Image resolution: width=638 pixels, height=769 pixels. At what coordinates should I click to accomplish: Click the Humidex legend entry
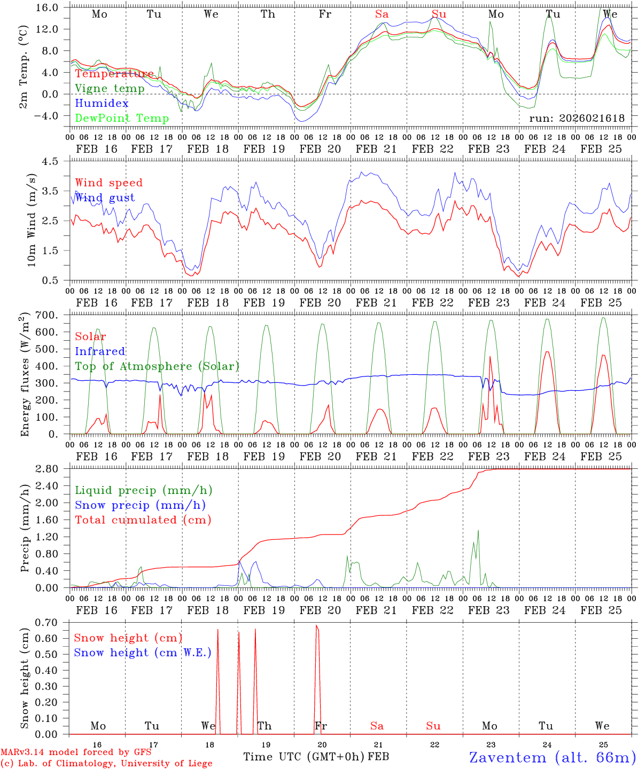102,104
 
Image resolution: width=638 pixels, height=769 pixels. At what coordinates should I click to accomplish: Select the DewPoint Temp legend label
122,119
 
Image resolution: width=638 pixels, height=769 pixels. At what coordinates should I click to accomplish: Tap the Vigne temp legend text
110,89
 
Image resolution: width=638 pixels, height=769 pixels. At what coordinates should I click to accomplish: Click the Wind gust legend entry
105,198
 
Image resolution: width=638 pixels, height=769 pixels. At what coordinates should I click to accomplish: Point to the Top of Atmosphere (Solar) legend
157,366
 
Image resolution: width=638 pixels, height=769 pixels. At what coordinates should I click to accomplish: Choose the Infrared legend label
100,351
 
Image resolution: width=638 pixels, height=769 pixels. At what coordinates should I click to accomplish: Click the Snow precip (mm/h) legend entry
140,505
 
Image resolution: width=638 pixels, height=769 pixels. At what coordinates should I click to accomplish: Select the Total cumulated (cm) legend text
143,520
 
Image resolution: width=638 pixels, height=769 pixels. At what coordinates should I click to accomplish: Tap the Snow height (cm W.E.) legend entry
142,653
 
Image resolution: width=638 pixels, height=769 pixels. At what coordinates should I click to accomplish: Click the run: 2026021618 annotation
577,119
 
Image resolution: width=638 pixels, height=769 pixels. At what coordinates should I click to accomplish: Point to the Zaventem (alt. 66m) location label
552,757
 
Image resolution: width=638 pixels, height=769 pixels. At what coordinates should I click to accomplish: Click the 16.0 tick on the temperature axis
48,7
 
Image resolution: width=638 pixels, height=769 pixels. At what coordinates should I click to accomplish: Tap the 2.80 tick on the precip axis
48,469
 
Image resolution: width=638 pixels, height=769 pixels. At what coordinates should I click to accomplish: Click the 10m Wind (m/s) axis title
32,220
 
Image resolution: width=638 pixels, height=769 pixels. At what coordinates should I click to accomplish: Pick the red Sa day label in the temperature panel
382,14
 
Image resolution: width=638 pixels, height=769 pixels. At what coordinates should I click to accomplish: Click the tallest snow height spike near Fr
317,626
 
